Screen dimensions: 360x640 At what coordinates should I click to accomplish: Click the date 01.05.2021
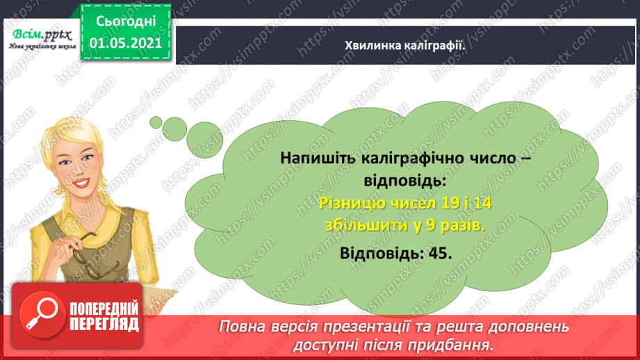(x=126, y=42)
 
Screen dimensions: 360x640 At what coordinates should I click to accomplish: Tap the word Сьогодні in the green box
(x=126, y=20)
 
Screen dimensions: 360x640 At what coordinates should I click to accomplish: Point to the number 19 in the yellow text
(x=429, y=203)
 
